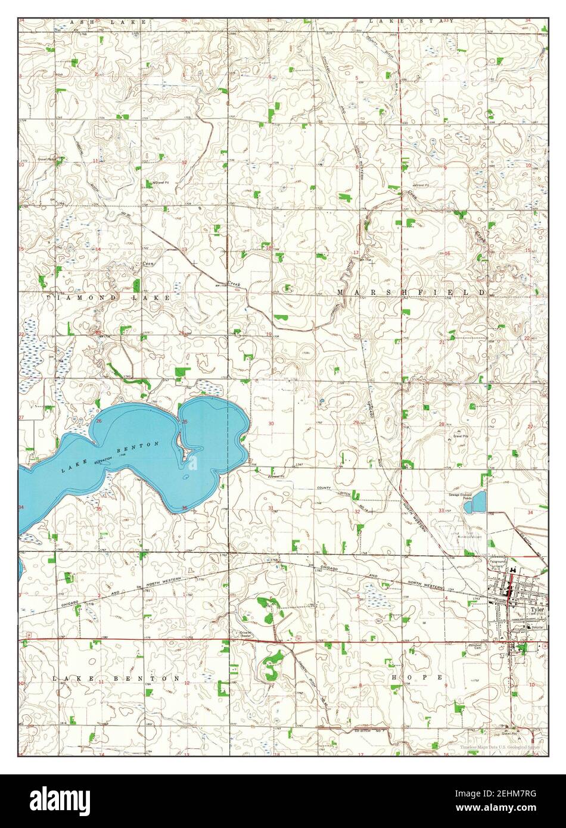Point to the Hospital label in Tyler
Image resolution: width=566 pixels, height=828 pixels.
click(x=537, y=627)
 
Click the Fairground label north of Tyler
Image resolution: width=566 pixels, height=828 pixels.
click(x=498, y=561)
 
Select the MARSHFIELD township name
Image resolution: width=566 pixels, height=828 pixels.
click(x=411, y=292)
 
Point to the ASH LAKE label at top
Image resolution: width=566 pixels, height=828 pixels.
click(x=108, y=22)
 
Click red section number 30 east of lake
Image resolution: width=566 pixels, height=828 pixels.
click(x=271, y=424)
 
